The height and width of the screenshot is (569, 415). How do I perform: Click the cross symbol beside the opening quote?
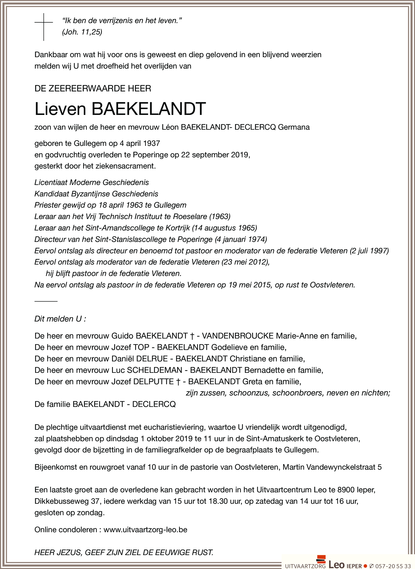(44, 27)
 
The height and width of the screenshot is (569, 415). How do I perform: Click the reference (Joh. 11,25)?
(82, 32)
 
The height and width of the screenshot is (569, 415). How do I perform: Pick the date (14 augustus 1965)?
(224, 228)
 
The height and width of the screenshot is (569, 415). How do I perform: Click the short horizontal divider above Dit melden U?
(46, 301)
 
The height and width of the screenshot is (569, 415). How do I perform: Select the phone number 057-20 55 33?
(393, 566)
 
